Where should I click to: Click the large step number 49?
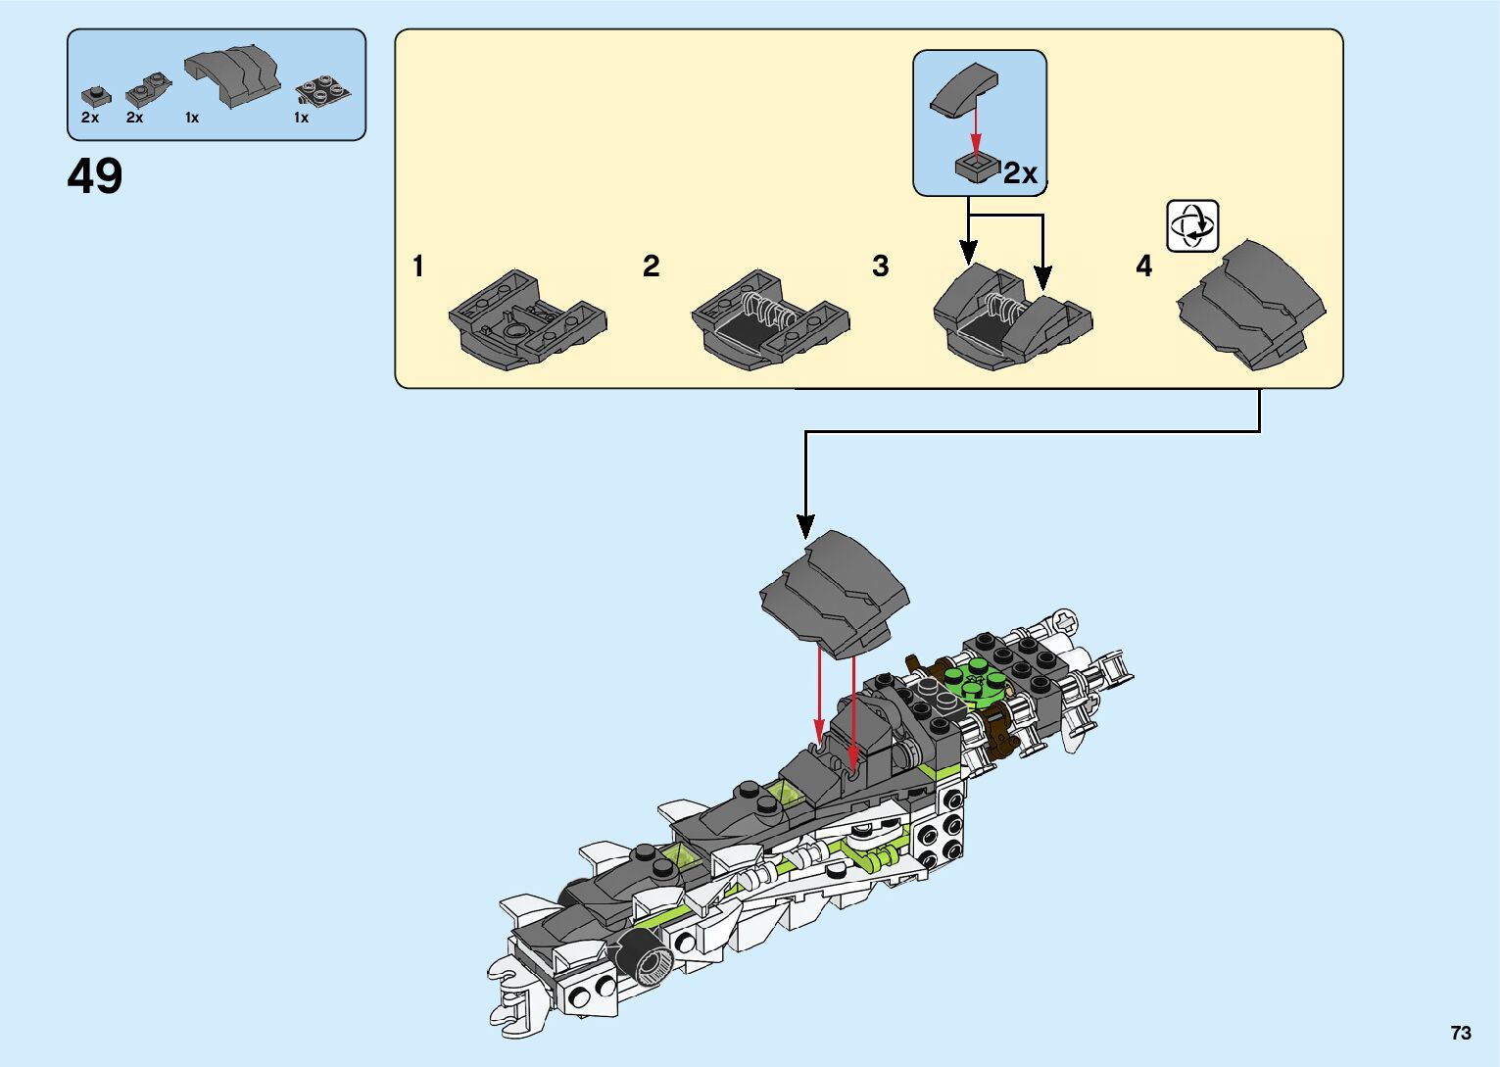(94, 176)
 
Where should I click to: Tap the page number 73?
(1461, 1032)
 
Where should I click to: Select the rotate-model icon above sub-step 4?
(1192, 225)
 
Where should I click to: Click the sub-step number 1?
(418, 266)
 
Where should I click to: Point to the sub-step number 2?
(651, 266)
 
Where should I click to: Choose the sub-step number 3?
(881, 266)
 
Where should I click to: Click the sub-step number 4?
(1143, 266)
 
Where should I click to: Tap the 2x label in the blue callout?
(1020, 173)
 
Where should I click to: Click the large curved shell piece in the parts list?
(232, 75)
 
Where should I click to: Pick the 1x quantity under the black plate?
(302, 118)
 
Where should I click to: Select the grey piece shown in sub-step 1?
(528, 319)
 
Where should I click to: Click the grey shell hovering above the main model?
(835, 594)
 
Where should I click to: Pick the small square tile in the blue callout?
(977, 169)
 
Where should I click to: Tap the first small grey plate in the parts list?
(96, 96)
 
